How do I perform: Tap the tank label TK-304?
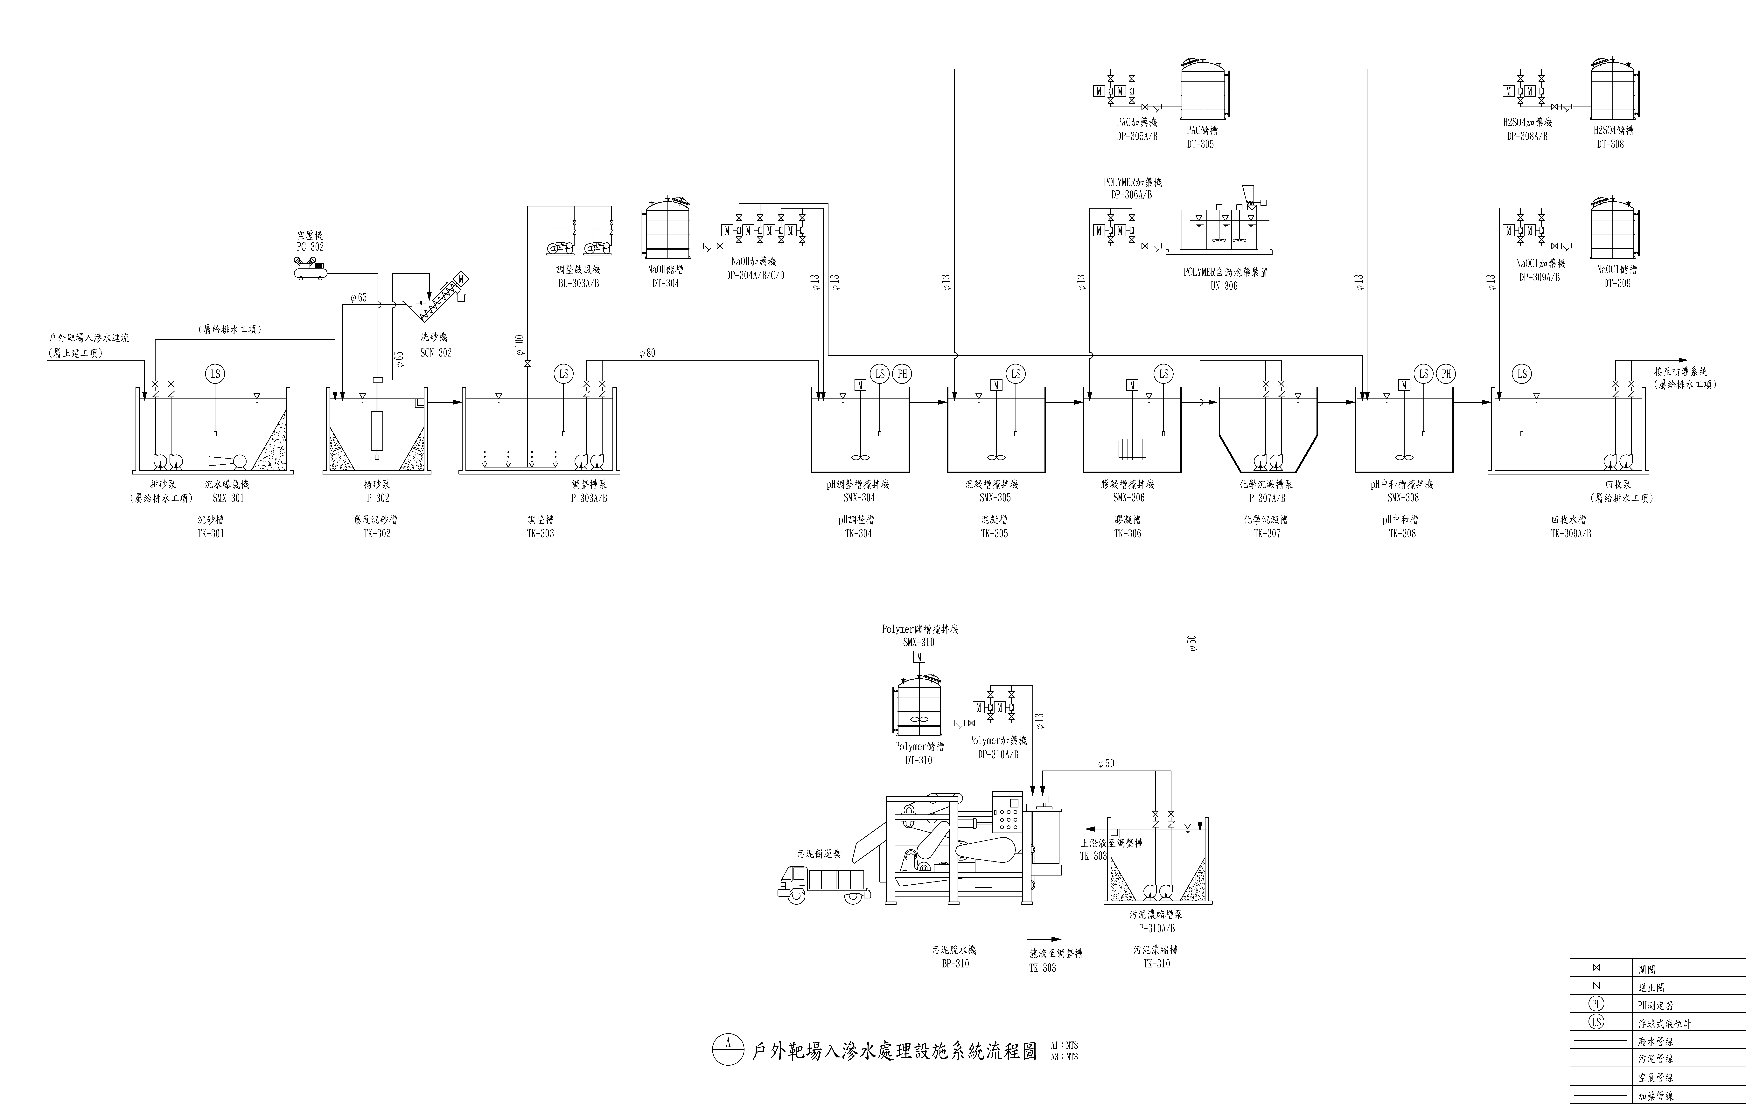859,533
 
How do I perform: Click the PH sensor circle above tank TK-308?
1446,374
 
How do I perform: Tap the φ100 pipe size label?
519,345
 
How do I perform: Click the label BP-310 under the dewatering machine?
955,964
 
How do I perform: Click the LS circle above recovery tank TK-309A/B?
1522,374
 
